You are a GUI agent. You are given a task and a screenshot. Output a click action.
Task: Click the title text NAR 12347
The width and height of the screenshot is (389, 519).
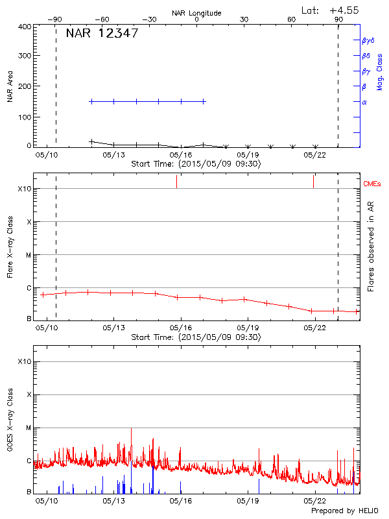(x=102, y=34)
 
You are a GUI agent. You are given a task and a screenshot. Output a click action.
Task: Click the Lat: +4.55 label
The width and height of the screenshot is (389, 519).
(x=331, y=10)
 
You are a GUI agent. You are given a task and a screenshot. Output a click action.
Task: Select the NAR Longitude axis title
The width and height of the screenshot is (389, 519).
(x=196, y=13)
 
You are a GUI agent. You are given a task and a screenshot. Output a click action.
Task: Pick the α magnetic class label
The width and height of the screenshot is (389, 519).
(x=364, y=102)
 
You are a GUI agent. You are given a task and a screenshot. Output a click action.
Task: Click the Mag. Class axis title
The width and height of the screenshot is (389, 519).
(x=379, y=71)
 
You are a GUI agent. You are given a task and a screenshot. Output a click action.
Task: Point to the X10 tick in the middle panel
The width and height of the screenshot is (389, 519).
(x=23, y=189)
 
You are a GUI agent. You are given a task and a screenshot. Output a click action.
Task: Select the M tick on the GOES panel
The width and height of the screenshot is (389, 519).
(x=28, y=428)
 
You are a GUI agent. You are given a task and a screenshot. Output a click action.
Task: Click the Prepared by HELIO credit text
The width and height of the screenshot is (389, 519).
(x=344, y=511)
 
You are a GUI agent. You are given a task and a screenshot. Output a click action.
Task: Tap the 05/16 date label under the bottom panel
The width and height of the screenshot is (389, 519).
(x=181, y=501)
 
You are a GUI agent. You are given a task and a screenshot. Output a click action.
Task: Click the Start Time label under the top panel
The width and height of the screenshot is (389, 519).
(x=196, y=164)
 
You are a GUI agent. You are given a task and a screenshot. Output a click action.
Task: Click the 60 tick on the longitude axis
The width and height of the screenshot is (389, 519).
(x=292, y=19)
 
